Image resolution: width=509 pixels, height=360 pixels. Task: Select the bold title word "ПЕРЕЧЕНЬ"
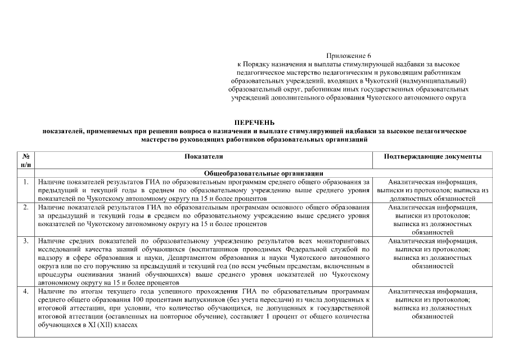[x=254, y=122]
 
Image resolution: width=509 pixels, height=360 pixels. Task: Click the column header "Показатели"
[x=204, y=156]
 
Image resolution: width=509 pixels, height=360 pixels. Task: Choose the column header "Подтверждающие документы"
[x=432, y=156]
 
